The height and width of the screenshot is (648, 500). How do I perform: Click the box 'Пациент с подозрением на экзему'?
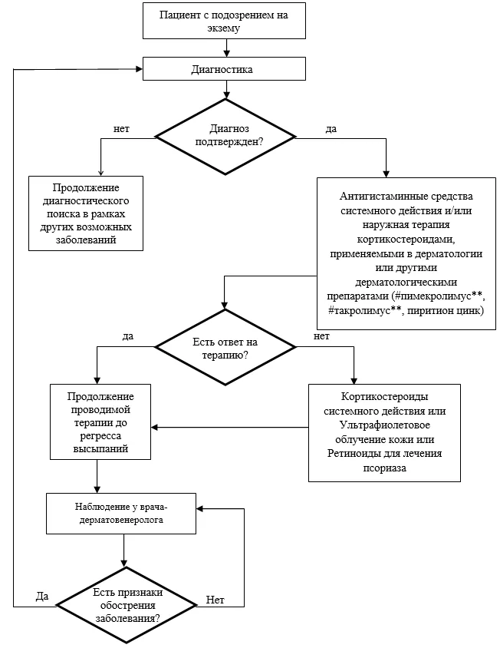point(224,21)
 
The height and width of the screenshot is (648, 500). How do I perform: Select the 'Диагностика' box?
point(224,68)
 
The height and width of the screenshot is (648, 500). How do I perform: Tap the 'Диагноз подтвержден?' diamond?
point(225,137)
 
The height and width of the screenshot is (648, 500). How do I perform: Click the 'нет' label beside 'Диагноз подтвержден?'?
point(121,129)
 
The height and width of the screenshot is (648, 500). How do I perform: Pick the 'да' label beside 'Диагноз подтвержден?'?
point(331,129)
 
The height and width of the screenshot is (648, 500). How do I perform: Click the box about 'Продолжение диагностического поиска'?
point(86,213)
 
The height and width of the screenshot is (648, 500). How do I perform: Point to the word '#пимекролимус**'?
point(439,296)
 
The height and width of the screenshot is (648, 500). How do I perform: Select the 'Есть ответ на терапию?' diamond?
point(225,348)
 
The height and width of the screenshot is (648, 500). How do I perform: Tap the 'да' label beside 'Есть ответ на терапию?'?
point(128,336)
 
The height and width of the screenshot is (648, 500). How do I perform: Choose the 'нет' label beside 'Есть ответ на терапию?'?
point(321,336)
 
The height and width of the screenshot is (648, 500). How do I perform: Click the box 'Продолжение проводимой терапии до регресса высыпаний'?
point(100,422)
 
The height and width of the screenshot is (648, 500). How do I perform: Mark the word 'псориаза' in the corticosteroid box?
point(384,468)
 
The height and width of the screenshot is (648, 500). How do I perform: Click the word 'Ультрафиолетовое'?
point(384,425)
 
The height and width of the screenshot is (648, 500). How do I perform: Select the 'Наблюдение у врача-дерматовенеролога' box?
point(121,514)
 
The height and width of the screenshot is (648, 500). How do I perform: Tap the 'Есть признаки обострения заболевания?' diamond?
point(127,606)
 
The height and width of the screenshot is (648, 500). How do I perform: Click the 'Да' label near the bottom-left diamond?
point(42,596)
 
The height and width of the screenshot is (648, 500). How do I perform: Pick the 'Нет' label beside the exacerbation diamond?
point(215,600)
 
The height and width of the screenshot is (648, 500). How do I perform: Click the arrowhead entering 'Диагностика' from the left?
point(140,68)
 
